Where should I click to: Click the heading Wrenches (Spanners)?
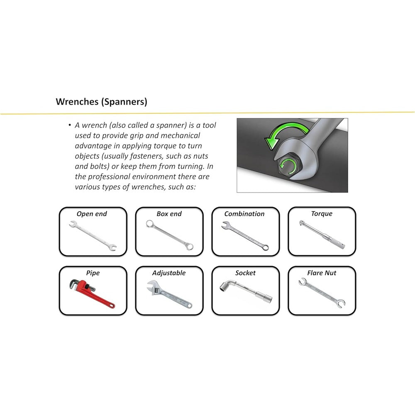tap(101, 102)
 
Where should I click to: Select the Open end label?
tap(92, 214)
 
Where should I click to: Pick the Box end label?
tap(169, 214)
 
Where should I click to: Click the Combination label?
tap(244, 214)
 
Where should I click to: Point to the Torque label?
tap(322, 214)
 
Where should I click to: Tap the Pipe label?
tap(93, 273)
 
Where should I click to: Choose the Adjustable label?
tap(169, 273)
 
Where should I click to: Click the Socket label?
tap(245, 273)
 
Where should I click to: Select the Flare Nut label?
tap(322, 273)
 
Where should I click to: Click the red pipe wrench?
tap(91, 293)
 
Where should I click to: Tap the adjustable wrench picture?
tap(169, 294)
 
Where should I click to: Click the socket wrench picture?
tap(246, 291)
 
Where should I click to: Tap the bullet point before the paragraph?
tap(70, 125)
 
